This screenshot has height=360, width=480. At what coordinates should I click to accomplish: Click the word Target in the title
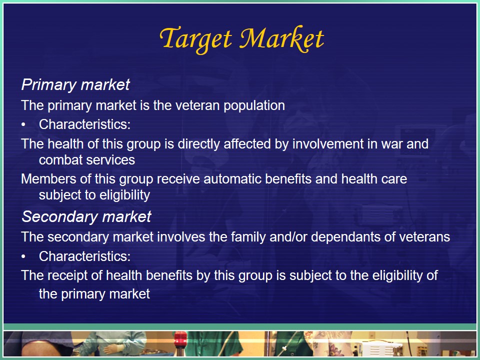195,39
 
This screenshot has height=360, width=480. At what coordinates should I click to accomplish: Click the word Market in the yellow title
281,38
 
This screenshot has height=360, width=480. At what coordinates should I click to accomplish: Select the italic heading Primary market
75,85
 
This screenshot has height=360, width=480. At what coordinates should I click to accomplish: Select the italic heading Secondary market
86,216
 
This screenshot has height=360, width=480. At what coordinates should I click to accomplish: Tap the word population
254,106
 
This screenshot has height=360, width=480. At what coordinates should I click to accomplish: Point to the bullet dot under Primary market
23,125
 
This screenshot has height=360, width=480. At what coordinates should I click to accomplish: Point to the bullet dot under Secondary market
23,257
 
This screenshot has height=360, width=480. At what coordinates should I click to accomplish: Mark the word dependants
345,237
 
